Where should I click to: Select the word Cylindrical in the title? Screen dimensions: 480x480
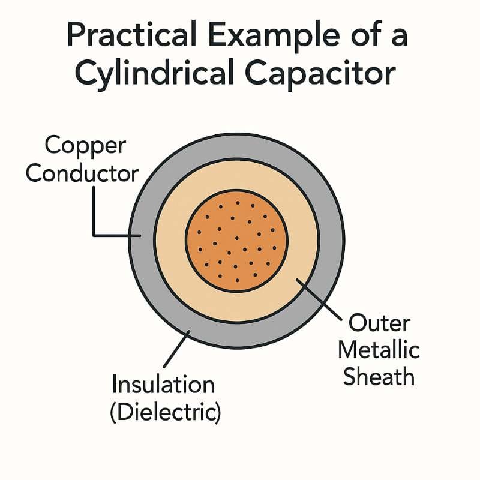click(x=157, y=75)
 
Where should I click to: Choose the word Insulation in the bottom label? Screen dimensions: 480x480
click(x=163, y=384)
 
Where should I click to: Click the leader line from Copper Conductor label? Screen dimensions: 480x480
click(x=95, y=210)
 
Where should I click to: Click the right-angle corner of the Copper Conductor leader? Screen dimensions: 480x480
click(x=95, y=235)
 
